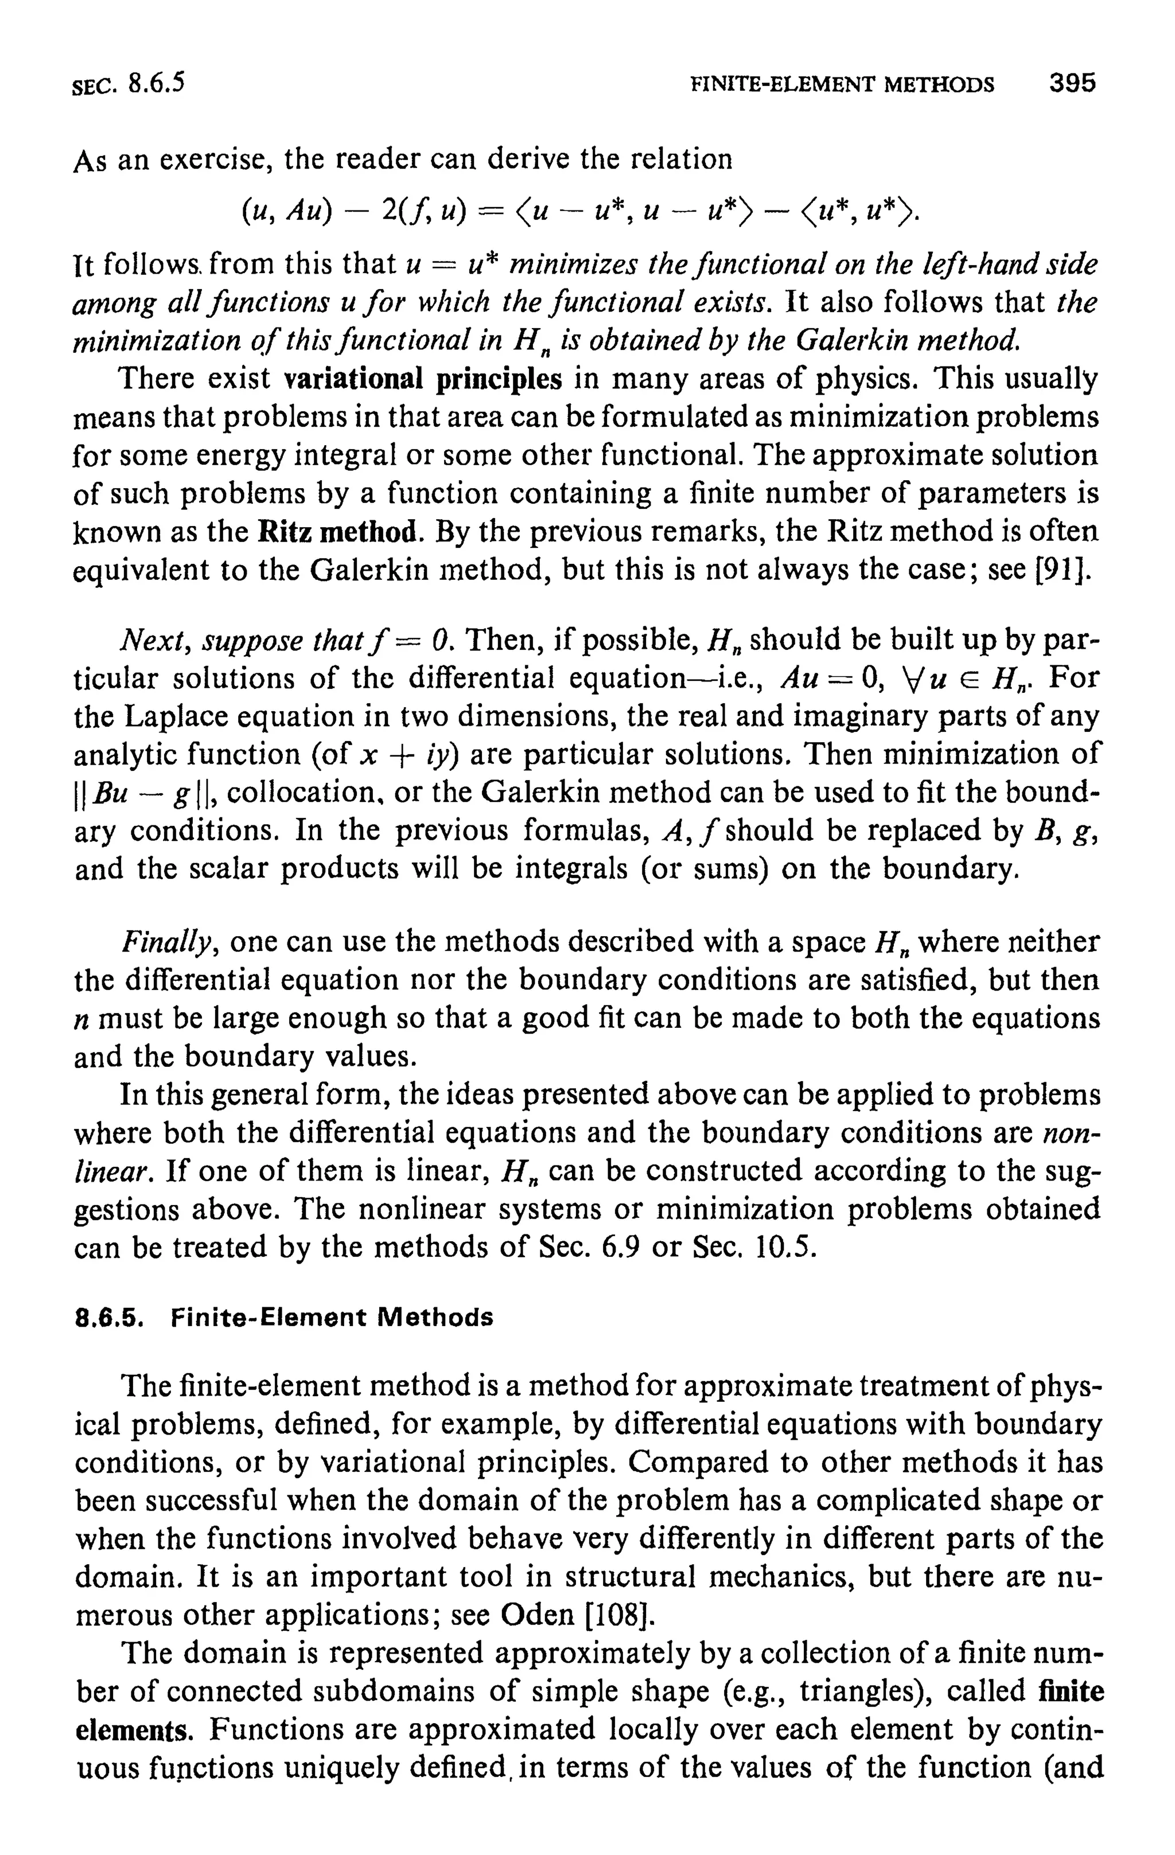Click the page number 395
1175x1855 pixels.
pyautogui.click(x=1072, y=83)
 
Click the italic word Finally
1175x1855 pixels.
pyautogui.click(x=170, y=942)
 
